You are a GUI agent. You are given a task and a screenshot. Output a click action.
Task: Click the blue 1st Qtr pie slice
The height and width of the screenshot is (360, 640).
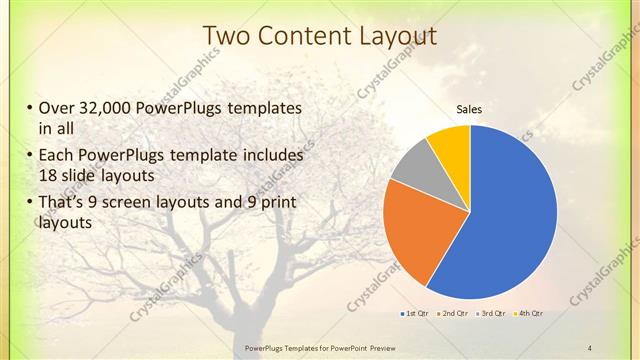click(510, 220)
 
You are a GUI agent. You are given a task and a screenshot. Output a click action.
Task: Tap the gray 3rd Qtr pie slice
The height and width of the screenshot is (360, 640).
click(412, 168)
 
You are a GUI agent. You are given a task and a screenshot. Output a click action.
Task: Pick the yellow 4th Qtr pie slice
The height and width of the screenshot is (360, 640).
click(451, 145)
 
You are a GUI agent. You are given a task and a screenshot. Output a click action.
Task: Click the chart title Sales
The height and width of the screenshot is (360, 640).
click(470, 108)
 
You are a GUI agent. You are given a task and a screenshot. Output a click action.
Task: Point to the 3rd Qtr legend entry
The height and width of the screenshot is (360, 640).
click(491, 314)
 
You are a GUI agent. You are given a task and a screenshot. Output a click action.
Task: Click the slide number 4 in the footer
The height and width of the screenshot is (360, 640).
click(590, 347)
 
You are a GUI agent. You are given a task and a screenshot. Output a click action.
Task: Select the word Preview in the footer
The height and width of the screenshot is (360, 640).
click(364, 347)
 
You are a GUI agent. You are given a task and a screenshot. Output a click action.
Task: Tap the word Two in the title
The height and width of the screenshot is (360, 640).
click(227, 36)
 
